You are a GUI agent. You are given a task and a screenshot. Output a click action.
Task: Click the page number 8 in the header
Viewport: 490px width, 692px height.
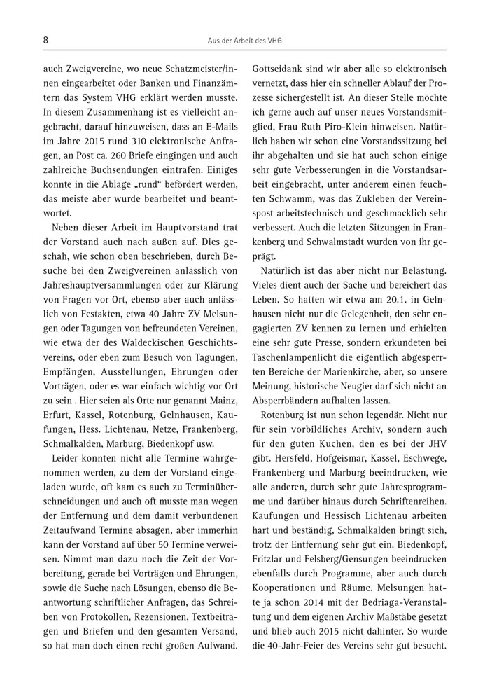(x=45, y=41)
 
